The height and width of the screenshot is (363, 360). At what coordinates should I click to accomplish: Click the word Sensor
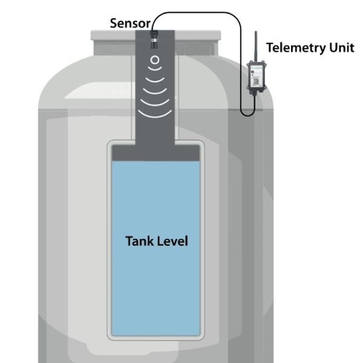pyautogui.click(x=129, y=23)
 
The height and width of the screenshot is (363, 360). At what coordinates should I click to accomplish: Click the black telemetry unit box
pyautogui.click(x=255, y=77)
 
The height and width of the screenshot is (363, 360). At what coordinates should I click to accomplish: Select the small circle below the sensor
pyautogui.click(x=154, y=60)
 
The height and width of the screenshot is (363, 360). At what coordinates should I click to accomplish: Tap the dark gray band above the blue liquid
pyautogui.click(x=154, y=153)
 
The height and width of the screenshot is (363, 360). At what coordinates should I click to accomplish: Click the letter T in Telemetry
pyautogui.click(x=270, y=48)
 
